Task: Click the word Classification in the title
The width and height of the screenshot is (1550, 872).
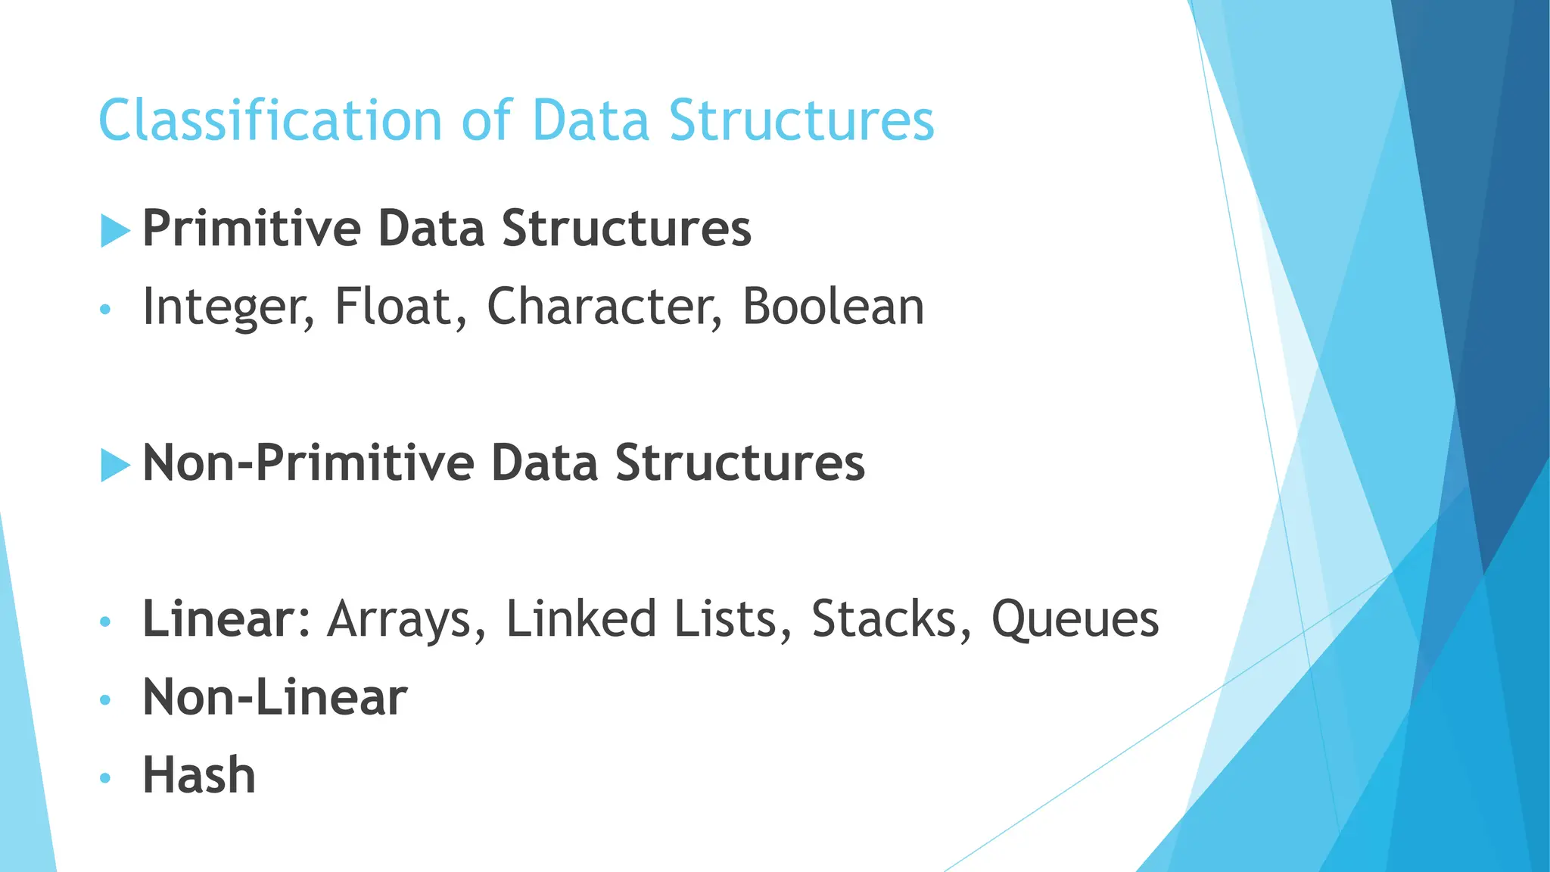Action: click(x=269, y=120)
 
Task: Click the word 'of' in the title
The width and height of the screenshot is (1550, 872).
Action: click(x=487, y=120)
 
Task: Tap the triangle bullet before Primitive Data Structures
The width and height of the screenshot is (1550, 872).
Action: click(x=115, y=230)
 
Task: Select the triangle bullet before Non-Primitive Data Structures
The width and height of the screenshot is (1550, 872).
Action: click(x=115, y=465)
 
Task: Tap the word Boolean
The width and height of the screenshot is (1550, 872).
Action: click(x=833, y=307)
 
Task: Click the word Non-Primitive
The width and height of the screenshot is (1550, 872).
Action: click(x=307, y=463)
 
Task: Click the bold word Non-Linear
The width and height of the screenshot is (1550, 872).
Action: click(x=275, y=697)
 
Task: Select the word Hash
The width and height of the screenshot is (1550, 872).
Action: click(x=199, y=776)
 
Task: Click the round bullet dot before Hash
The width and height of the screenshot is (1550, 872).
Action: click(x=105, y=777)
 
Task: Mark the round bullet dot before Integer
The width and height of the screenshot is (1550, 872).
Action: click(x=105, y=309)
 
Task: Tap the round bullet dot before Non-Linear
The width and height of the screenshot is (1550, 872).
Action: click(x=105, y=699)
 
